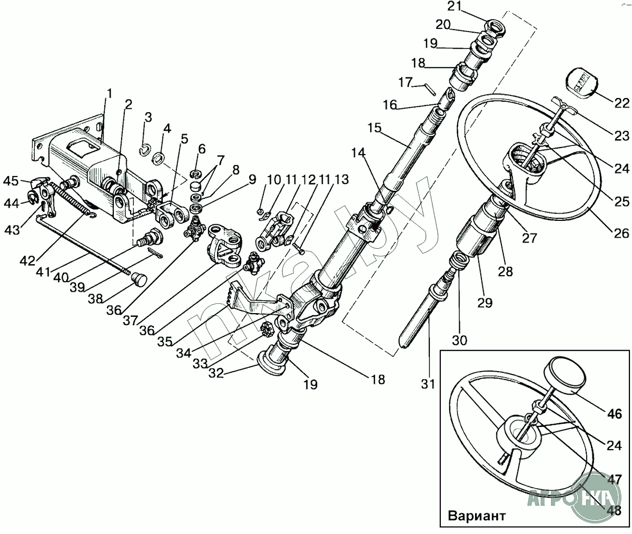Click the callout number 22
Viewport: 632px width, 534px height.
pyautogui.click(x=621, y=103)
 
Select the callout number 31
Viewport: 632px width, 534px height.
pyautogui.click(x=428, y=384)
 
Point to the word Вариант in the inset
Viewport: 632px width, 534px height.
pyautogui.click(x=477, y=516)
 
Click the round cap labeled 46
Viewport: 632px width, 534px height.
pyautogui.click(x=565, y=375)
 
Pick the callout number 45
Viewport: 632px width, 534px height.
pyautogui.click(x=11, y=181)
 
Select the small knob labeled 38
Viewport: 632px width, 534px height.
pyautogui.click(x=139, y=278)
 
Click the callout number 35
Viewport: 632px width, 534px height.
pyautogui.click(x=165, y=342)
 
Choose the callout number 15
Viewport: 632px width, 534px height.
pyautogui.click(x=374, y=128)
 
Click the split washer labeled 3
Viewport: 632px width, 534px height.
pyautogui.click(x=145, y=151)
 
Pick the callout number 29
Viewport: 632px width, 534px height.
pyautogui.click(x=485, y=303)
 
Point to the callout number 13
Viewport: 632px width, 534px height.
pyautogui.click(x=341, y=179)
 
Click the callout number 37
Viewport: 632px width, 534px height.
pyautogui.click(x=131, y=321)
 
